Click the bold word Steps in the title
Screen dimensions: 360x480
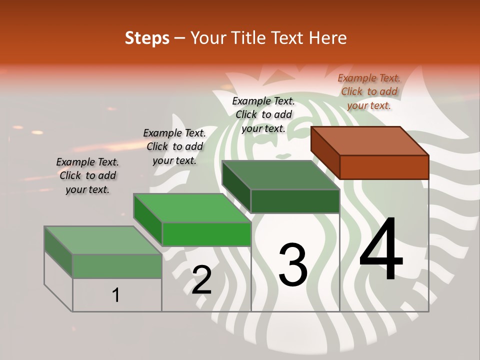coord(147,38)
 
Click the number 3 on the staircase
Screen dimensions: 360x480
coord(292,264)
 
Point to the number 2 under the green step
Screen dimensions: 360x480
coord(201,280)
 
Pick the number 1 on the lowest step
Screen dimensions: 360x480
coord(116,295)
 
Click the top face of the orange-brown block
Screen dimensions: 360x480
coord(370,140)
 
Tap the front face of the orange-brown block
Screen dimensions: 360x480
coord(384,167)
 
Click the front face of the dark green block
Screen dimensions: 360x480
coord(295,201)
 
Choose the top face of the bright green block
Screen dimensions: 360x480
coord(192,208)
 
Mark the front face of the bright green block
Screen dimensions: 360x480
coord(206,234)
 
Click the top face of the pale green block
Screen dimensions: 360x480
coord(103,240)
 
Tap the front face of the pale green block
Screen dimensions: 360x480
coord(117,266)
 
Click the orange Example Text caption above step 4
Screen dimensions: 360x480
coord(369,91)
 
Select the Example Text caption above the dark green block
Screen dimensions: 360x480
coord(263,114)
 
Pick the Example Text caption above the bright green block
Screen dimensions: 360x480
coord(174,146)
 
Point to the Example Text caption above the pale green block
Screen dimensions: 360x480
coord(87,175)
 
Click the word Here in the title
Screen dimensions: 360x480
coord(328,38)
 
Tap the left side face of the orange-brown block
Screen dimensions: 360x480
coord(325,152)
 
